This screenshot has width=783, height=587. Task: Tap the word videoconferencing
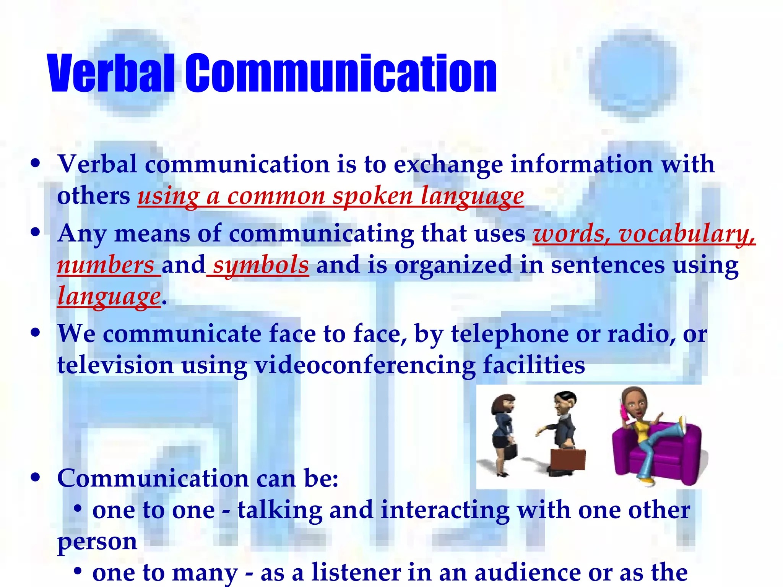tap(365, 365)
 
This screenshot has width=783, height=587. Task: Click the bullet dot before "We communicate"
tap(36, 332)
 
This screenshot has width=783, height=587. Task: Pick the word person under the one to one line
tap(97, 542)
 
